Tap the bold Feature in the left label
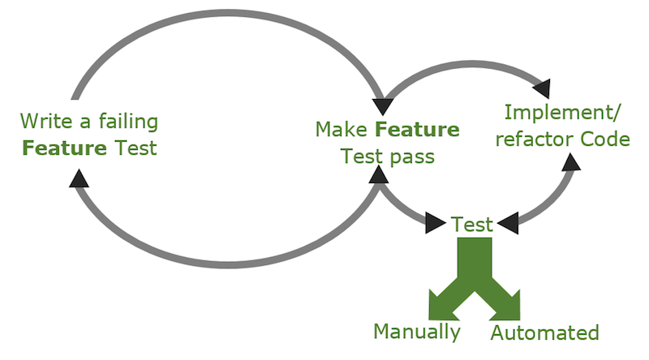(55, 148)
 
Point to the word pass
(410, 156)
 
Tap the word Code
(604, 139)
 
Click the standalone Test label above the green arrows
(472, 225)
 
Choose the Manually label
(417, 332)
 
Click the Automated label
(545, 332)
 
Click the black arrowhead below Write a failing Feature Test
(78, 178)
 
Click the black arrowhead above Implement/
(541, 87)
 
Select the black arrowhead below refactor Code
(570, 161)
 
